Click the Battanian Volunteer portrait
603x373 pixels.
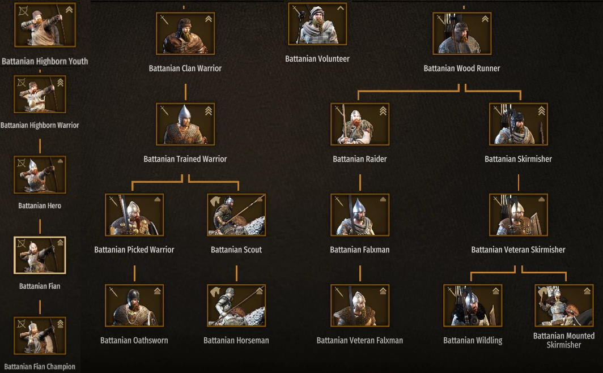(x=317, y=24)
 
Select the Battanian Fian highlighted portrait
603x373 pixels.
(x=40, y=255)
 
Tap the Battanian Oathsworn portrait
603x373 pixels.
(x=134, y=306)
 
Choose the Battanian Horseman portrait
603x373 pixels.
(x=236, y=306)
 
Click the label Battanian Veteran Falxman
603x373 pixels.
(x=359, y=340)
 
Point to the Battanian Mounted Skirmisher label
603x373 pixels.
(x=564, y=340)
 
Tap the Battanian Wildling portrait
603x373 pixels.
(x=473, y=306)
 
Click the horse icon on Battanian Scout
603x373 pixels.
(x=215, y=201)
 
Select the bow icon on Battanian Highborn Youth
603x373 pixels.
(x=23, y=11)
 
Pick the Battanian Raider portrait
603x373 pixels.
(x=360, y=124)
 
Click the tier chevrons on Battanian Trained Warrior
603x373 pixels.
(x=209, y=111)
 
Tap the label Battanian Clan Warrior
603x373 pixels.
(x=185, y=68)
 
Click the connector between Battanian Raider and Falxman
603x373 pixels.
(x=360, y=182)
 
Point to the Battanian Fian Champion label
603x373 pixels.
(x=40, y=366)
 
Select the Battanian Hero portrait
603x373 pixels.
(x=40, y=174)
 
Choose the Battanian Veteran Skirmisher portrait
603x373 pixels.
(x=519, y=215)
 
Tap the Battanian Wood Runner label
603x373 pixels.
(x=462, y=68)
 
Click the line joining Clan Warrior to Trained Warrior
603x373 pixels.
(x=185, y=92)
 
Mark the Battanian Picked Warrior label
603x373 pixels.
(x=134, y=250)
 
